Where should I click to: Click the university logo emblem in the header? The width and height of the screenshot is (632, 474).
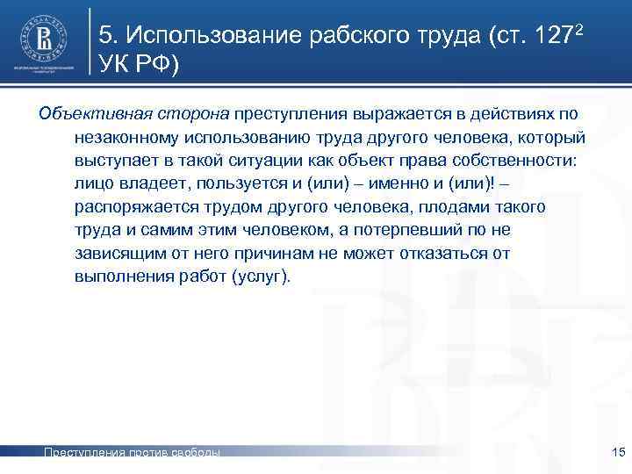[44, 36]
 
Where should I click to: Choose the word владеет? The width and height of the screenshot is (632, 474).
[149, 184]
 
